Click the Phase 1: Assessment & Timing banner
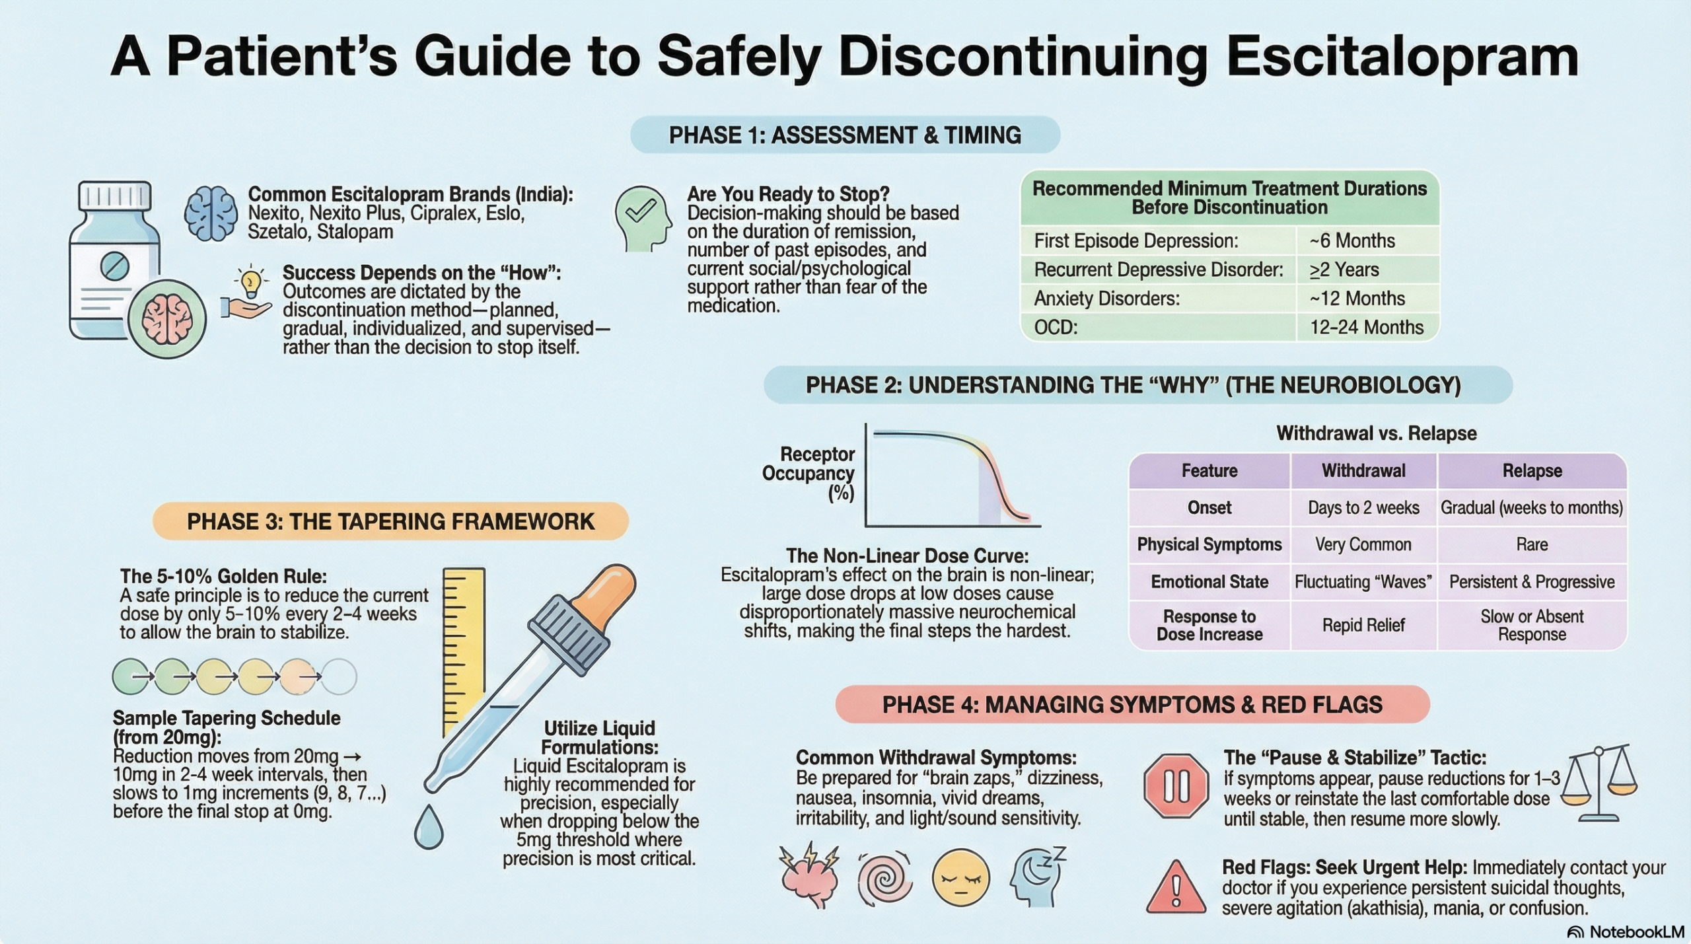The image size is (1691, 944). (845, 135)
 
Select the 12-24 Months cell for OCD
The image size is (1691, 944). (1366, 328)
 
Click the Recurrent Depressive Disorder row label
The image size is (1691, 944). (1158, 270)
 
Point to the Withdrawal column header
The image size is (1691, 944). (1363, 471)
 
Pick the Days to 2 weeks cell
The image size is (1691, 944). (1363, 508)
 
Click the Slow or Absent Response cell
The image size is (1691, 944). (1532, 625)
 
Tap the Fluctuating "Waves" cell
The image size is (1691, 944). (1363, 582)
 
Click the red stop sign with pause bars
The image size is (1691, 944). (1176, 786)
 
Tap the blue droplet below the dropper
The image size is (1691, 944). (429, 828)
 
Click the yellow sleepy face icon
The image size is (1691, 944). (960, 878)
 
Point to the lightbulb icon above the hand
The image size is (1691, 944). (250, 282)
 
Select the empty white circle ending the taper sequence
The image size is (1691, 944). (339, 676)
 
